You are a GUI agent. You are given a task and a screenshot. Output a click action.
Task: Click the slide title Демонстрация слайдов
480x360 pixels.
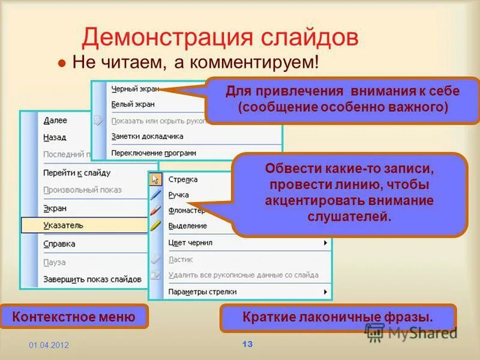tap(220, 37)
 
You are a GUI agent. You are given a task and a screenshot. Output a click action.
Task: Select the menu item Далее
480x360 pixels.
tap(55, 121)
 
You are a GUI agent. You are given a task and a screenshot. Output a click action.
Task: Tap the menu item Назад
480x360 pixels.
tap(55, 137)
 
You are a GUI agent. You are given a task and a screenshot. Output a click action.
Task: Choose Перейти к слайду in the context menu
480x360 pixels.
tap(77, 173)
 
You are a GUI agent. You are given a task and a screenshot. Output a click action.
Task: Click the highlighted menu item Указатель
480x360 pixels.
tap(63, 225)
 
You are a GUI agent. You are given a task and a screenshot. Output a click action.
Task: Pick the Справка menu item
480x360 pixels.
tap(59, 244)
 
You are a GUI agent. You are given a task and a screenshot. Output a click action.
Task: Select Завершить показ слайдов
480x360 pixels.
tap(92, 279)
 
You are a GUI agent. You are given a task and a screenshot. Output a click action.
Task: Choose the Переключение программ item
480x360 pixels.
tap(154, 153)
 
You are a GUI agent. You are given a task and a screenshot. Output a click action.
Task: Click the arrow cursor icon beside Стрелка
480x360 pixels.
tap(155, 179)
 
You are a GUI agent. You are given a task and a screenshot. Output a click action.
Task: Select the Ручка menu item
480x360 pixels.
tap(179, 195)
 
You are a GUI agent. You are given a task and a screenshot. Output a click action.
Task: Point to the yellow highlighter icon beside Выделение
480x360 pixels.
tap(155, 226)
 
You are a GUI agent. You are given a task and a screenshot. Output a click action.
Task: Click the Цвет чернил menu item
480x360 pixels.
tap(190, 242)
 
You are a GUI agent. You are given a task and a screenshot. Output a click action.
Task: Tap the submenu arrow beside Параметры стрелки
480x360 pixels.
tap(326, 292)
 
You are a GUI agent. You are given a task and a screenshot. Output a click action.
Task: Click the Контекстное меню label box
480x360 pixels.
tap(74, 316)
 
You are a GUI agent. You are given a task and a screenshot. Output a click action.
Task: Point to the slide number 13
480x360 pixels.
tap(247, 344)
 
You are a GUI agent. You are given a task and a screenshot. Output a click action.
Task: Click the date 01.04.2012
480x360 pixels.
tap(49, 346)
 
